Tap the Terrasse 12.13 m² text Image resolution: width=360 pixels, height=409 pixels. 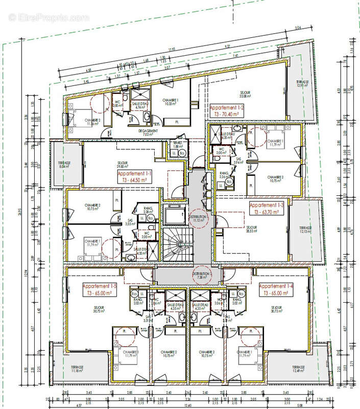pos(306,230)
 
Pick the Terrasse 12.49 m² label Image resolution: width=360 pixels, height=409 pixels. pos(296,370)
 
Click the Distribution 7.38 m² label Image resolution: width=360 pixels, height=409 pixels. pos(202,276)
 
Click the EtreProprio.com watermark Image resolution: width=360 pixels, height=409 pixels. pos(49,17)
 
